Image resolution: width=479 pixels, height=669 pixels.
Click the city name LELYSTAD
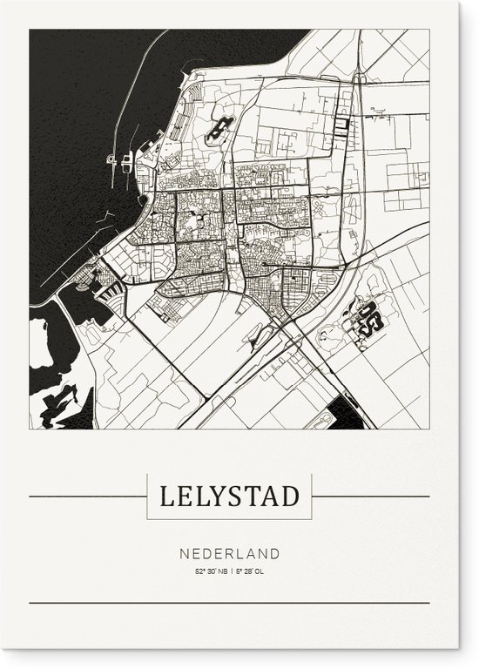pyautogui.click(x=229, y=497)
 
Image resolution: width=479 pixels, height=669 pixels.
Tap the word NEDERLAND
pyautogui.click(x=230, y=553)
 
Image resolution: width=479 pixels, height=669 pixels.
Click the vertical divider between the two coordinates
pyautogui.click(x=231, y=571)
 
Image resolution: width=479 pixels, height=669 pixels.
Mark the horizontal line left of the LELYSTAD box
pyautogui.click(x=87, y=497)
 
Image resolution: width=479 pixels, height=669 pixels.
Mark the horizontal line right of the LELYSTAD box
pyautogui.click(x=370, y=497)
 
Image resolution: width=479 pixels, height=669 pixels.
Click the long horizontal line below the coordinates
pyautogui.click(x=229, y=603)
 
